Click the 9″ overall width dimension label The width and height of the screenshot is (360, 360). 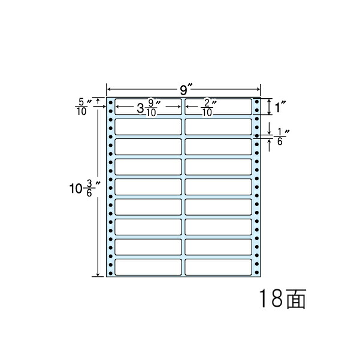186,90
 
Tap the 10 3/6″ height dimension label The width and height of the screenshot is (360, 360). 84,188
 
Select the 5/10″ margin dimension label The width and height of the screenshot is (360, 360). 83,107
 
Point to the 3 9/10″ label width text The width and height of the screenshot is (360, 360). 149,107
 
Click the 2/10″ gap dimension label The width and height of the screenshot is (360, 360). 208,107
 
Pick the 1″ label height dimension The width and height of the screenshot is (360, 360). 280,107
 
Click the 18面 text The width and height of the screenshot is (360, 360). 283,298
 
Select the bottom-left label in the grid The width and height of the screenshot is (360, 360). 148,267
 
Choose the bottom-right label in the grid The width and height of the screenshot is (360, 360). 218,267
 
